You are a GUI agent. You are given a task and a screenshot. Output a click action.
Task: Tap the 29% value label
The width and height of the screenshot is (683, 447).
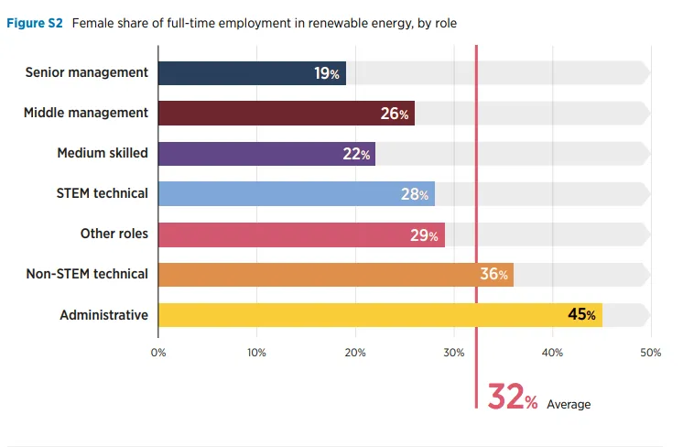(424, 234)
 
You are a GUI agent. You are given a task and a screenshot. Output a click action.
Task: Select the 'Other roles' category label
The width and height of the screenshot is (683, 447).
(114, 234)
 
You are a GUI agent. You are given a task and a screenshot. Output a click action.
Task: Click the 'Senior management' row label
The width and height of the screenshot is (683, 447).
(87, 72)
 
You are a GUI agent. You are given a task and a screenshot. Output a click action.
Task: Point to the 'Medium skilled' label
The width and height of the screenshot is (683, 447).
(103, 153)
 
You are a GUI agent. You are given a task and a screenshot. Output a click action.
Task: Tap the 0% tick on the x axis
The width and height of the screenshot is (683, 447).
(158, 352)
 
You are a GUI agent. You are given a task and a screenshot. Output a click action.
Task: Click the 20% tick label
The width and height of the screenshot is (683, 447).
(355, 352)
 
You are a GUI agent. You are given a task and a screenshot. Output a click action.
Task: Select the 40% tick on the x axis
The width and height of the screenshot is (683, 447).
(552, 352)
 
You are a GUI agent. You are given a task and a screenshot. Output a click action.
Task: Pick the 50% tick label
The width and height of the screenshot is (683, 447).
(650, 352)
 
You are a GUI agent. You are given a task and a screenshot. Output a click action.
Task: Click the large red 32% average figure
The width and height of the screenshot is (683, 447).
(512, 397)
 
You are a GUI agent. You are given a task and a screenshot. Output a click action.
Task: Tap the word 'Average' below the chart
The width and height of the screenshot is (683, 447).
(569, 404)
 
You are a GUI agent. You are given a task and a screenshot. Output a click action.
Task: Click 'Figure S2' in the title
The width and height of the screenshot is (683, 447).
(35, 22)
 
